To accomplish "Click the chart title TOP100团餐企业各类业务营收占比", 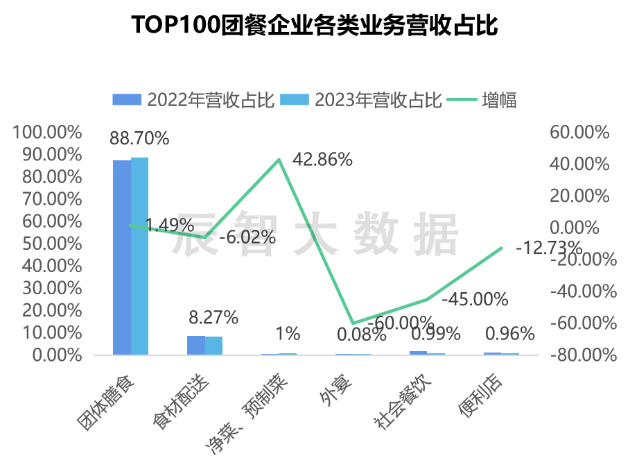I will pyautogui.click(x=315, y=26).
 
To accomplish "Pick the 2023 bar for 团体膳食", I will pyautogui.click(x=139, y=256).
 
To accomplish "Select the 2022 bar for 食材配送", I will pyautogui.click(x=196, y=345).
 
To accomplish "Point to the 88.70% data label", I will pyautogui.click(x=139, y=138).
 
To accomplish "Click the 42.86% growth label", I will pyautogui.click(x=322, y=159).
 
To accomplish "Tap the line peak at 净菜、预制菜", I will pyautogui.click(x=279, y=160).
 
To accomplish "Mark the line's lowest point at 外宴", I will pyautogui.click(x=353, y=323).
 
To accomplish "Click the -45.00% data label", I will pyautogui.click(x=475, y=299).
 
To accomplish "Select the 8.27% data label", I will pyautogui.click(x=213, y=318).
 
